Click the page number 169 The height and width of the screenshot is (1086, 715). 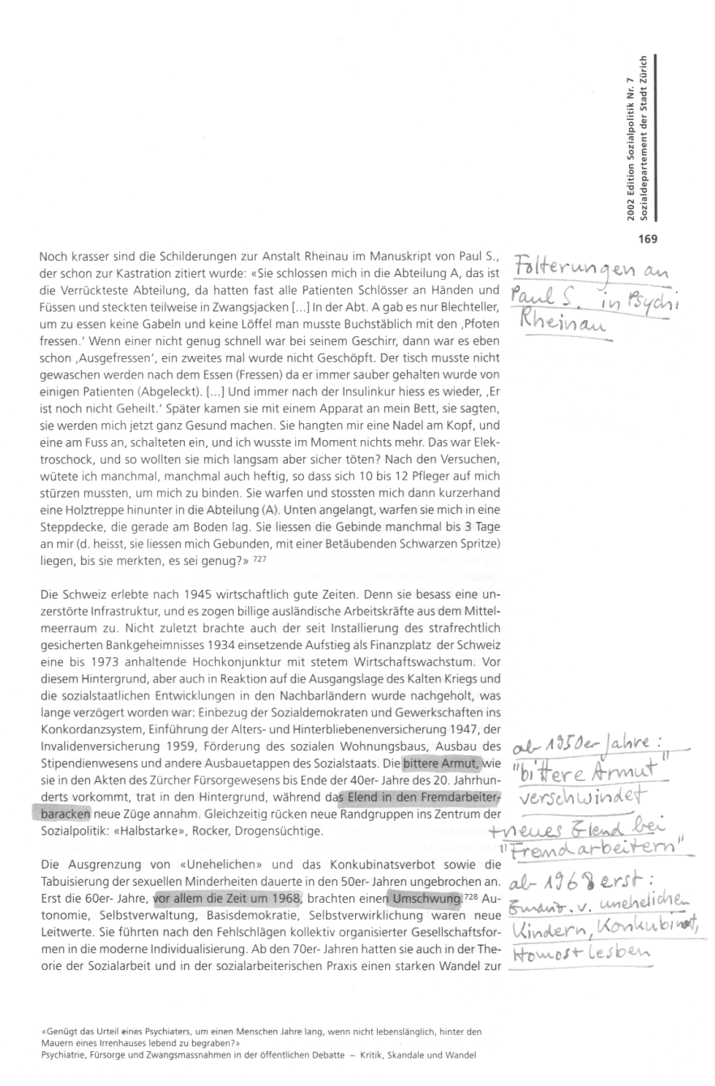pos(646,238)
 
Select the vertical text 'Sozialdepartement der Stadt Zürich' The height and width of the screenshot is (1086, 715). pos(643,135)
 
